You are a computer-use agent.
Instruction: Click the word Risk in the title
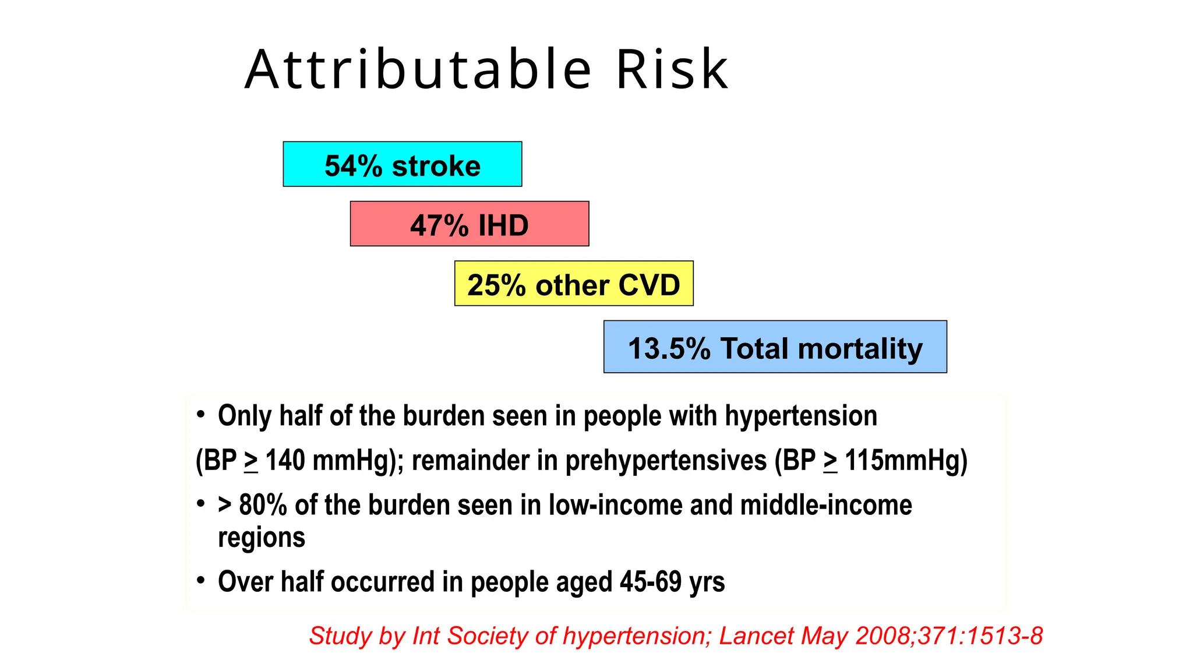click(x=671, y=70)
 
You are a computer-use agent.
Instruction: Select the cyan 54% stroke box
click(x=402, y=164)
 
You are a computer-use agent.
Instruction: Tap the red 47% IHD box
click(x=469, y=224)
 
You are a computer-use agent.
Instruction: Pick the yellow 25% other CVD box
click(x=574, y=284)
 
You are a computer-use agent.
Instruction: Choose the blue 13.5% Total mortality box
click(x=775, y=348)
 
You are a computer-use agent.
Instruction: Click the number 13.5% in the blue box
click(x=669, y=349)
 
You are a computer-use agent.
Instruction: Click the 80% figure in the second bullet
click(x=263, y=505)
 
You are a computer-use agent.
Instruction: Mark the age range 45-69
click(x=650, y=582)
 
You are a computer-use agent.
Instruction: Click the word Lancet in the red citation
click(x=756, y=636)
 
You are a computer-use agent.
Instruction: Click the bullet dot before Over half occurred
click(x=201, y=580)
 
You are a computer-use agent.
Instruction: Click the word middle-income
click(x=825, y=505)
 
